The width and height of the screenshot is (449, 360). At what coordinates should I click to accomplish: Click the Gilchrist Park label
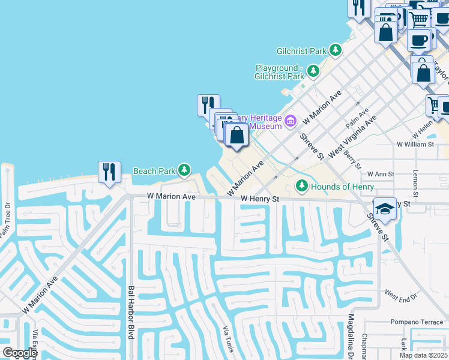(x=301, y=51)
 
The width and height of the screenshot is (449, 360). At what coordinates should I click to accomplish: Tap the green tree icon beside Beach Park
(x=184, y=171)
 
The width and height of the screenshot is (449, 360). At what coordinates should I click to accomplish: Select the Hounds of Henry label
(x=342, y=187)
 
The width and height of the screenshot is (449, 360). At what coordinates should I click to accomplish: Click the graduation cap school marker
(x=385, y=208)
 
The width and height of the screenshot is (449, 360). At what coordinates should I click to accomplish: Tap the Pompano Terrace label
(x=417, y=322)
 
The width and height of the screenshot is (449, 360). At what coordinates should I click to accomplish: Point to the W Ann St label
(x=381, y=174)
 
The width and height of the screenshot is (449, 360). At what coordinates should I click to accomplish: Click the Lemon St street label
(x=415, y=184)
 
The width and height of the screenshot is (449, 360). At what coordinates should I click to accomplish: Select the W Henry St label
(x=261, y=199)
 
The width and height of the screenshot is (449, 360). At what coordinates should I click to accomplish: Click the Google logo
(x=20, y=353)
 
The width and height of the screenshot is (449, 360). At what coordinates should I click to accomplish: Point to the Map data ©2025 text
(x=423, y=355)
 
